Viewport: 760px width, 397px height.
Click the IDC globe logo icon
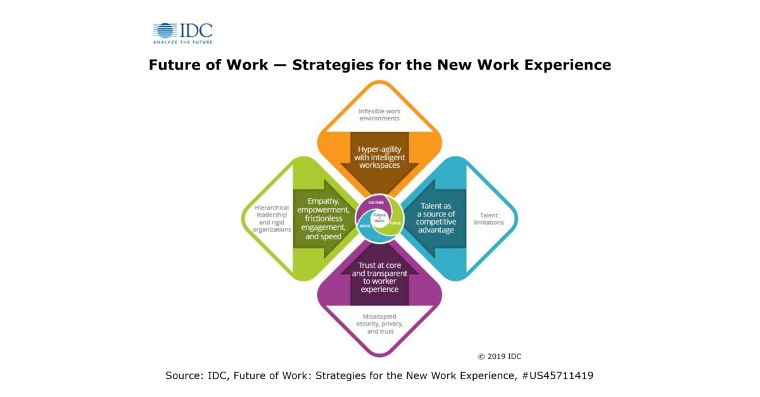point(165,30)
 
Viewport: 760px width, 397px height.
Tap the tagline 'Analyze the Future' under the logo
point(182,42)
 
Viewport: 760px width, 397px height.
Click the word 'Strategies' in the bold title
point(334,65)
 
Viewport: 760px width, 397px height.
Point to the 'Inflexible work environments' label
point(379,115)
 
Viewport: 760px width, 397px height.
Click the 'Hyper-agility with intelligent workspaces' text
point(379,157)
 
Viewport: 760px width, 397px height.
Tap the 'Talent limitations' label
point(488,219)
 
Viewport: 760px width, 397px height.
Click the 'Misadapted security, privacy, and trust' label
point(379,324)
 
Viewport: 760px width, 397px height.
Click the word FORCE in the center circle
point(395,224)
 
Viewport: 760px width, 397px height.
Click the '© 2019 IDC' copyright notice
point(500,356)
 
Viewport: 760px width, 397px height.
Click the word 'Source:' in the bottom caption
point(184,375)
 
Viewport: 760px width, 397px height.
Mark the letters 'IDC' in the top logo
point(196,30)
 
